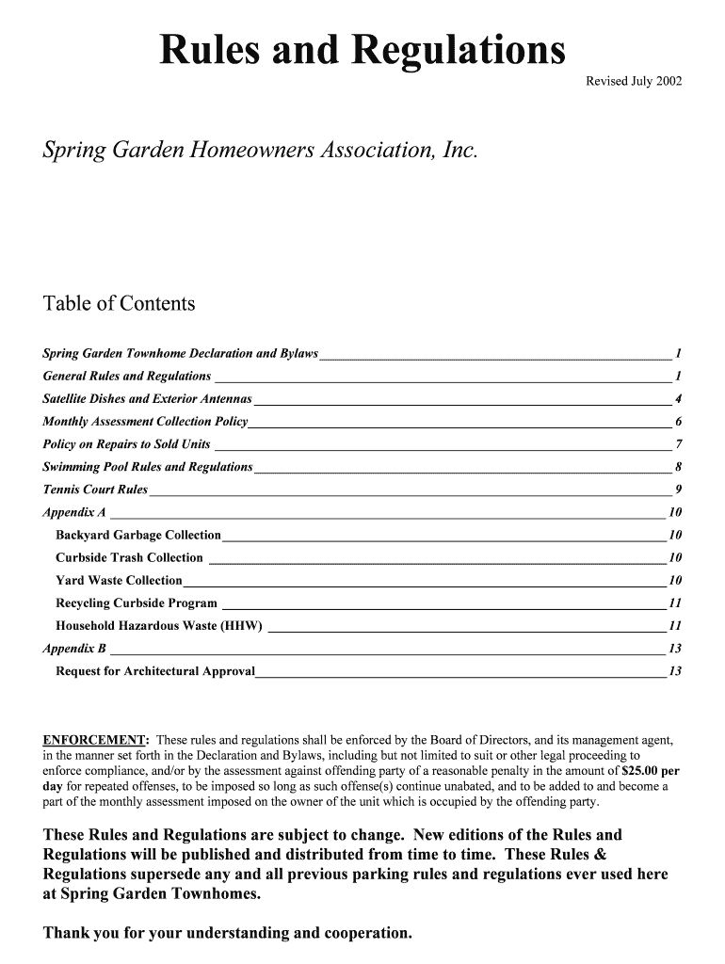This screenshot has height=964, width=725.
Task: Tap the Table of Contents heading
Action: click(x=120, y=304)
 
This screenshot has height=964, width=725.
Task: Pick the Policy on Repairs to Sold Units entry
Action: click(x=127, y=444)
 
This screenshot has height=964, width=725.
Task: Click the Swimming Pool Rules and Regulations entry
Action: click(x=148, y=467)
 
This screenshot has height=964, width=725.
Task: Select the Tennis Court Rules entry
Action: click(x=96, y=490)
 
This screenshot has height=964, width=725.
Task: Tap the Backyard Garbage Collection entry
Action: click(x=138, y=536)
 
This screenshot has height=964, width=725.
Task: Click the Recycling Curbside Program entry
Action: click(x=137, y=603)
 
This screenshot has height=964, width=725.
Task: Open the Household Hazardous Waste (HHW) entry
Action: click(x=159, y=626)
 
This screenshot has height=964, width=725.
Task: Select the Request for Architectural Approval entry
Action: click(x=155, y=671)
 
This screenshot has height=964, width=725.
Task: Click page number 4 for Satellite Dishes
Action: click(x=678, y=398)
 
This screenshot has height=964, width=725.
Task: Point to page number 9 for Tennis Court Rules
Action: click(x=678, y=490)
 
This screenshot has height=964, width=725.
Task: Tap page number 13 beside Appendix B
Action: click(x=674, y=649)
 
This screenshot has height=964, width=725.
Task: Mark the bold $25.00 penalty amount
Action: click(x=635, y=770)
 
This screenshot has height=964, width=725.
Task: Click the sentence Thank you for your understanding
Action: click(x=228, y=934)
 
